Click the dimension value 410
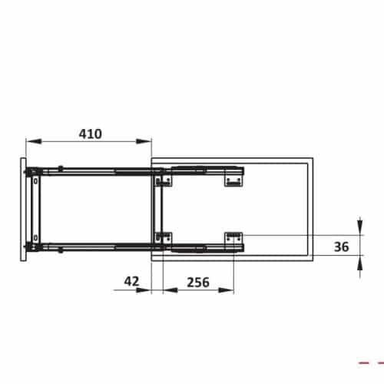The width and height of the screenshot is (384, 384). (90, 134)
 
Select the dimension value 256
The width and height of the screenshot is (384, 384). (198, 282)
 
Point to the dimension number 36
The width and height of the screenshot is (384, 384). (343, 247)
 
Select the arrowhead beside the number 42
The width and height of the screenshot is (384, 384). (147, 290)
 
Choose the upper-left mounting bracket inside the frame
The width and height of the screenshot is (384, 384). (161, 181)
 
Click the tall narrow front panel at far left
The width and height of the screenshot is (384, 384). (23, 209)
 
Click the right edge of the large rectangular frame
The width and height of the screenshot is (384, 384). (312, 209)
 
